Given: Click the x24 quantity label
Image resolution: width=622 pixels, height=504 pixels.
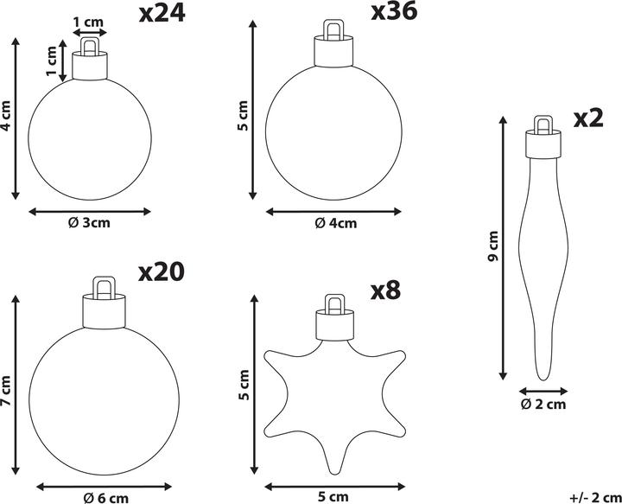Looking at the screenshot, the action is (162, 14).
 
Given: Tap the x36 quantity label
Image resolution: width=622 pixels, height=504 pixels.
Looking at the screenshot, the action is (394, 11).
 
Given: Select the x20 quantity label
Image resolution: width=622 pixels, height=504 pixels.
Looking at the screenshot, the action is (162, 272).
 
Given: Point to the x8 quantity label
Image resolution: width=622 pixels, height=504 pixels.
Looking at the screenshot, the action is (385, 290).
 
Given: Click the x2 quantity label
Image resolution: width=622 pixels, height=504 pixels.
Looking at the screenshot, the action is (588, 118).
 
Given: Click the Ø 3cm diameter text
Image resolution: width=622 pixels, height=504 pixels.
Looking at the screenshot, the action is (89, 223).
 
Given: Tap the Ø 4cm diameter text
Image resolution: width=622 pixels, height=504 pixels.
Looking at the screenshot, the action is (335, 223).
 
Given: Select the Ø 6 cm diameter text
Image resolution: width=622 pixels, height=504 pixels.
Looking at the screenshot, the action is (106, 498).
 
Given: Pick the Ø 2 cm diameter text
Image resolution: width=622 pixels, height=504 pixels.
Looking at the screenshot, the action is (543, 404).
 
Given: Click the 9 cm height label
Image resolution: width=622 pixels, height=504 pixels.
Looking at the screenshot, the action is (493, 246).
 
